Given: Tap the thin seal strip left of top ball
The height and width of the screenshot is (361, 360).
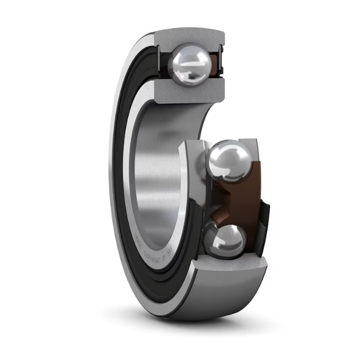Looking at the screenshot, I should (x=163, y=62).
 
